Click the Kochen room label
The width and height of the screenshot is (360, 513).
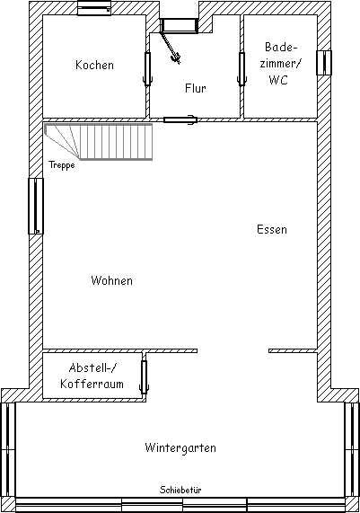click(x=94, y=65)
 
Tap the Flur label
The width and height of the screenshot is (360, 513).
click(x=195, y=88)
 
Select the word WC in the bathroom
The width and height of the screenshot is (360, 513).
click(x=278, y=80)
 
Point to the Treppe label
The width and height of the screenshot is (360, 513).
click(x=61, y=165)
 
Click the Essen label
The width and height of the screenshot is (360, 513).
click(x=272, y=229)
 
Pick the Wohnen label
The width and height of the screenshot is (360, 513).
click(x=112, y=280)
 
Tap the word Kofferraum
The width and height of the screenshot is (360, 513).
click(x=92, y=384)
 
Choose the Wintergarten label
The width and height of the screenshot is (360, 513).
click(x=180, y=447)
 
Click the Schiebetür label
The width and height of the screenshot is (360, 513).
click(x=180, y=490)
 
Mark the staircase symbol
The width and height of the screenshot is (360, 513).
click(x=99, y=142)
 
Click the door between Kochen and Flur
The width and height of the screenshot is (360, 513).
click(x=148, y=69)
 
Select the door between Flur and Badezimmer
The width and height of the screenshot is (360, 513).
click(x=241, y=69)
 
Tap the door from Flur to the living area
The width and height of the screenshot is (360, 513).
click(x=180, y=119)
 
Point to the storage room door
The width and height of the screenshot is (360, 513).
click(x=144, y=376)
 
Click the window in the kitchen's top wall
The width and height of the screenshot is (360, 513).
click(x=94, y=8)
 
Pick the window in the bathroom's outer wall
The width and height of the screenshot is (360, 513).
click(x=324, y=63)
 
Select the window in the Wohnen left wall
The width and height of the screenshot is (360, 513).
click(x=36, y=206)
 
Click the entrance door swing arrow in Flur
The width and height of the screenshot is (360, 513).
click(x=171, y=47)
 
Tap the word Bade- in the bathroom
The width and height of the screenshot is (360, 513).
click(x=281, y=47)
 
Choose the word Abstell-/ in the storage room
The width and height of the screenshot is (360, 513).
click(x=92, y=367)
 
